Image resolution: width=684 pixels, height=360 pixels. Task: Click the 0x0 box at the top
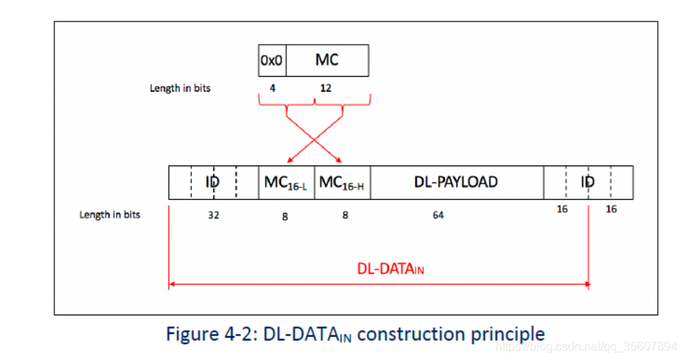click(272, 60)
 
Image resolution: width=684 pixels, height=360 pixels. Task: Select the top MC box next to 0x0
click(326, 60)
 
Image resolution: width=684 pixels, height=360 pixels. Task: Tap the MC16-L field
click(286, 183)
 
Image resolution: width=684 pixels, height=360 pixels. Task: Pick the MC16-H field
click(342, 183)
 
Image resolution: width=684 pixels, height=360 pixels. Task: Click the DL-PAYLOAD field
click(456, 182)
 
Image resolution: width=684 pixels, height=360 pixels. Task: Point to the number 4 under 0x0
click(273, 88)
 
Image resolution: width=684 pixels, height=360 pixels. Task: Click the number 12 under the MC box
click(326, 88)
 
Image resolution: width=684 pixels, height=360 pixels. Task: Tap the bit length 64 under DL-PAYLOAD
click(438, 215)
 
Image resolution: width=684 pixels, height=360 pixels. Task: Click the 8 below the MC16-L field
click(285, 218)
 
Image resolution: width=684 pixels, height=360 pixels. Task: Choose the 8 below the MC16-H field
click(344, 218)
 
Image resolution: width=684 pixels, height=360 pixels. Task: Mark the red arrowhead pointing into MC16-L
click(288, 160)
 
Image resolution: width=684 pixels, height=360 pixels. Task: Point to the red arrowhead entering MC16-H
click(339, 160)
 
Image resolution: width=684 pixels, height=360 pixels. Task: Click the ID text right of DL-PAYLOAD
click(588, 182)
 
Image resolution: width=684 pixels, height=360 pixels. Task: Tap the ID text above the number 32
click(212, 182)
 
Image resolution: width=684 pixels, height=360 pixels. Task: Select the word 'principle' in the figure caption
click(507, 334)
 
